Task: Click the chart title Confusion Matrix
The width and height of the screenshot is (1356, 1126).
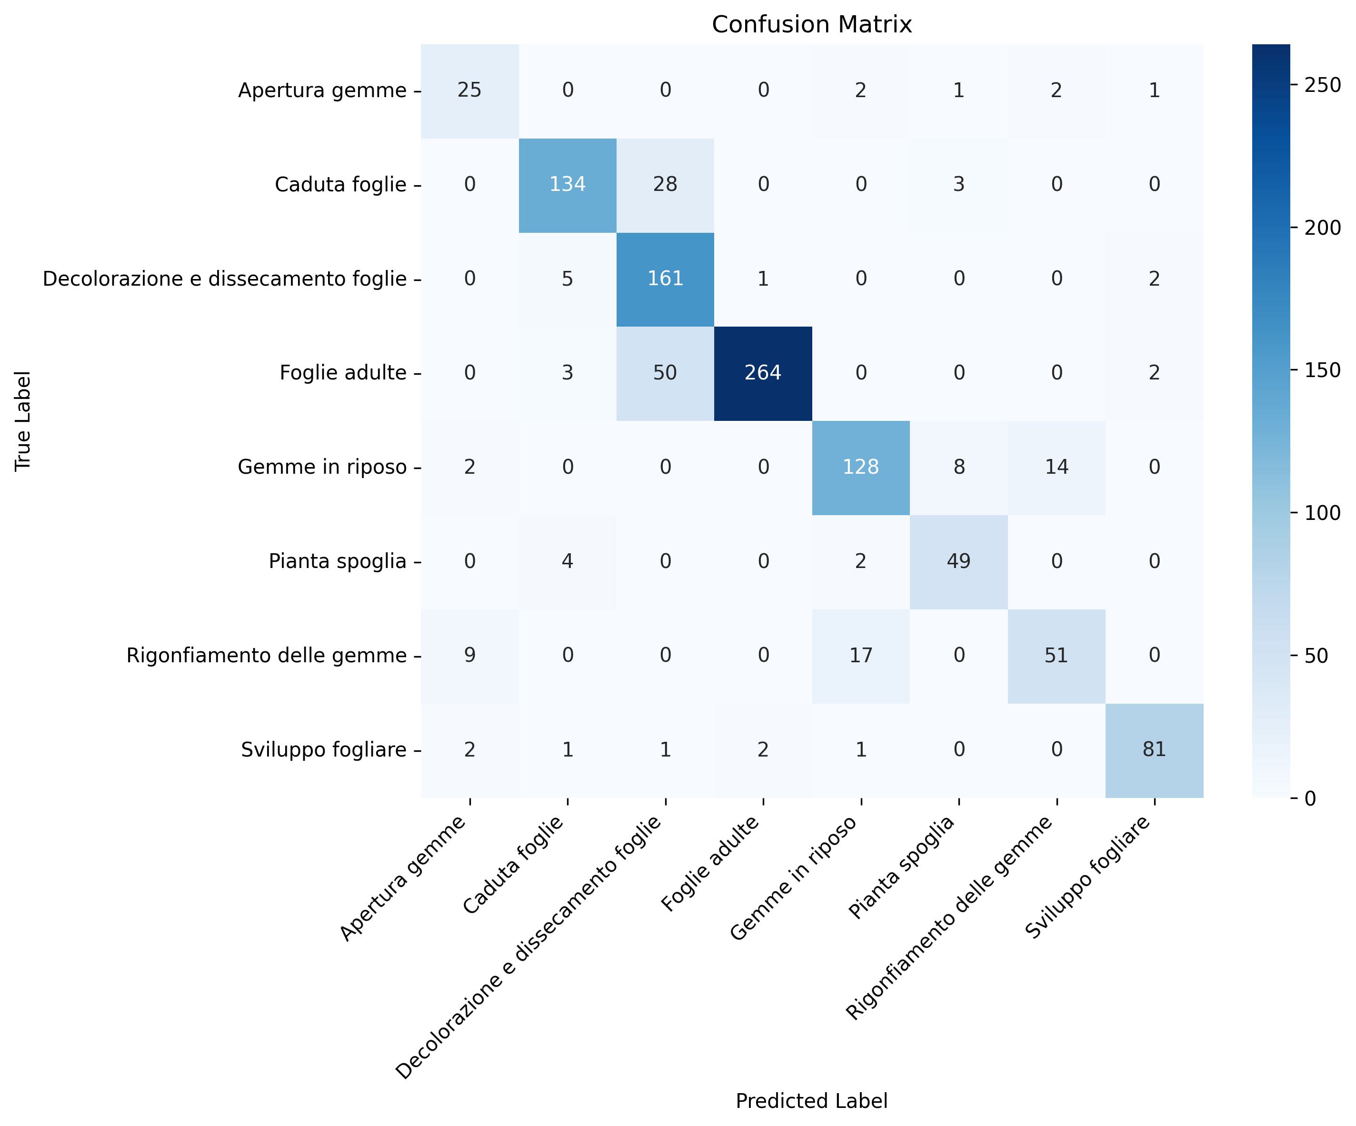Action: coord(812,25)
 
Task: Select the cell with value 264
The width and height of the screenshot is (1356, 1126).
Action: coord(763,373)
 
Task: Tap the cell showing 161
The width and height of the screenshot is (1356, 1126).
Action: coord(665,279)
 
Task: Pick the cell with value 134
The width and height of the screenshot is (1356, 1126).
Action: coord(568,185)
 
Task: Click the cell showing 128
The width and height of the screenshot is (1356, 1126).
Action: coord(861,468)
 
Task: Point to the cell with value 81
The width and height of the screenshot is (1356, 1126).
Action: coord(1154,749)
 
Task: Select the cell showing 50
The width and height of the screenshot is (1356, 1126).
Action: coord(665,373)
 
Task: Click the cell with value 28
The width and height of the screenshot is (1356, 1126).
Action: coord(665,185)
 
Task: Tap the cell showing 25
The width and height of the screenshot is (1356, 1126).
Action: coord(469,90)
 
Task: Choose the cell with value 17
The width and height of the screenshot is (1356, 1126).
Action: coord(861,655)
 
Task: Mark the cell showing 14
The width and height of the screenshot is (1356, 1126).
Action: coord(1057,468)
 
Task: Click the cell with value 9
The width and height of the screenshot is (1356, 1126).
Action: coord(469,655)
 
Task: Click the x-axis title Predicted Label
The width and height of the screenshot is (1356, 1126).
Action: coord(812,1101)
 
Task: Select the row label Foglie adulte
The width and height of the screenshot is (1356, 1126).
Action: coord(343,373)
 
